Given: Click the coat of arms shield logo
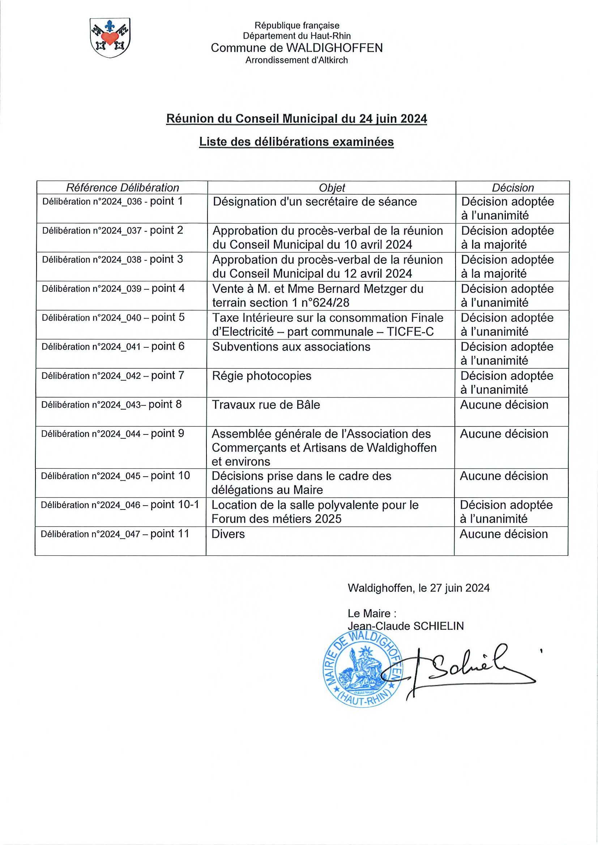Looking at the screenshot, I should coord(110,38).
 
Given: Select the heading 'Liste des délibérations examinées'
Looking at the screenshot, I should coord(296,142).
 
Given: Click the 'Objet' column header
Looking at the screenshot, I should coord(332,188).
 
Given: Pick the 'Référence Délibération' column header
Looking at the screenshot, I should coord(122,188).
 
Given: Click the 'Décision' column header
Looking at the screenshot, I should coord(513,188).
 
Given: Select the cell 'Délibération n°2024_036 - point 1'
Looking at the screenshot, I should coord(112,202).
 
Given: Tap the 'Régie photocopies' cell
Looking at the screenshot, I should coord(262,376).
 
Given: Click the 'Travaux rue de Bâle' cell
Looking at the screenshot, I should coord(266,405).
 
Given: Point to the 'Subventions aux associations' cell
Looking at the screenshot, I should coord(291,347).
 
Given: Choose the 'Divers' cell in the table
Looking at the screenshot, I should coord(228,534).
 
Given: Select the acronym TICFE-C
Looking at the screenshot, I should coord(410,332).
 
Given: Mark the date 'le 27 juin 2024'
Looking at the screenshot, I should coord(454,588).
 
